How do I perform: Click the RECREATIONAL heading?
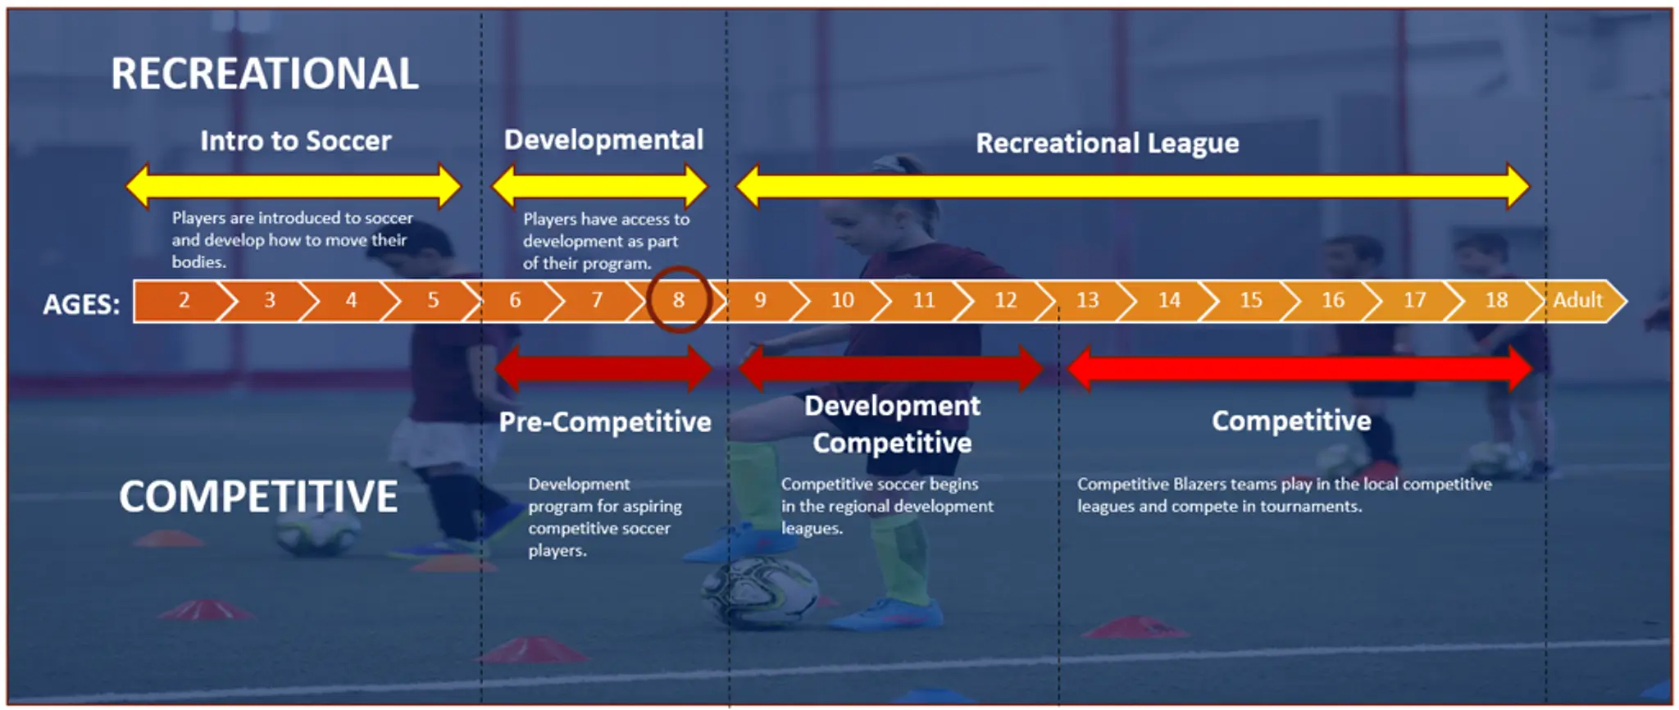[x=265, y=74]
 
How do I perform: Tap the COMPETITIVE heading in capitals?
[x=258, y=496]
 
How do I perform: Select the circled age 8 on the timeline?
[x=679, y=300]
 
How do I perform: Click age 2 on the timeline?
[x=184, y=300]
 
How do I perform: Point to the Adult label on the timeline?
[x=1577, y=300]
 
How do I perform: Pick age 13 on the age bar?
[x=1087, y=300]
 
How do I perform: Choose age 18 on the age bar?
[x=1496, y=300]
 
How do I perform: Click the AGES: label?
[x=81, y=304]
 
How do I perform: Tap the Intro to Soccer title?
[x=296, y=141]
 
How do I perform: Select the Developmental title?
[x=603, y=140]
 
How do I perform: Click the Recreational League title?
[x=1108, y=143]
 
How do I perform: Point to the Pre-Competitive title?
[x=605, y=422]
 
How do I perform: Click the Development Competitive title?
[x=892, y=425]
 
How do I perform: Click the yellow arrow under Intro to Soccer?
[x=293, y=186]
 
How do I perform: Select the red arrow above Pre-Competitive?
[x=603, y=369]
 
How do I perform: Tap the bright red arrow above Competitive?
[x=1300, y=369]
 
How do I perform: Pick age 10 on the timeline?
[x=842, y=300]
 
